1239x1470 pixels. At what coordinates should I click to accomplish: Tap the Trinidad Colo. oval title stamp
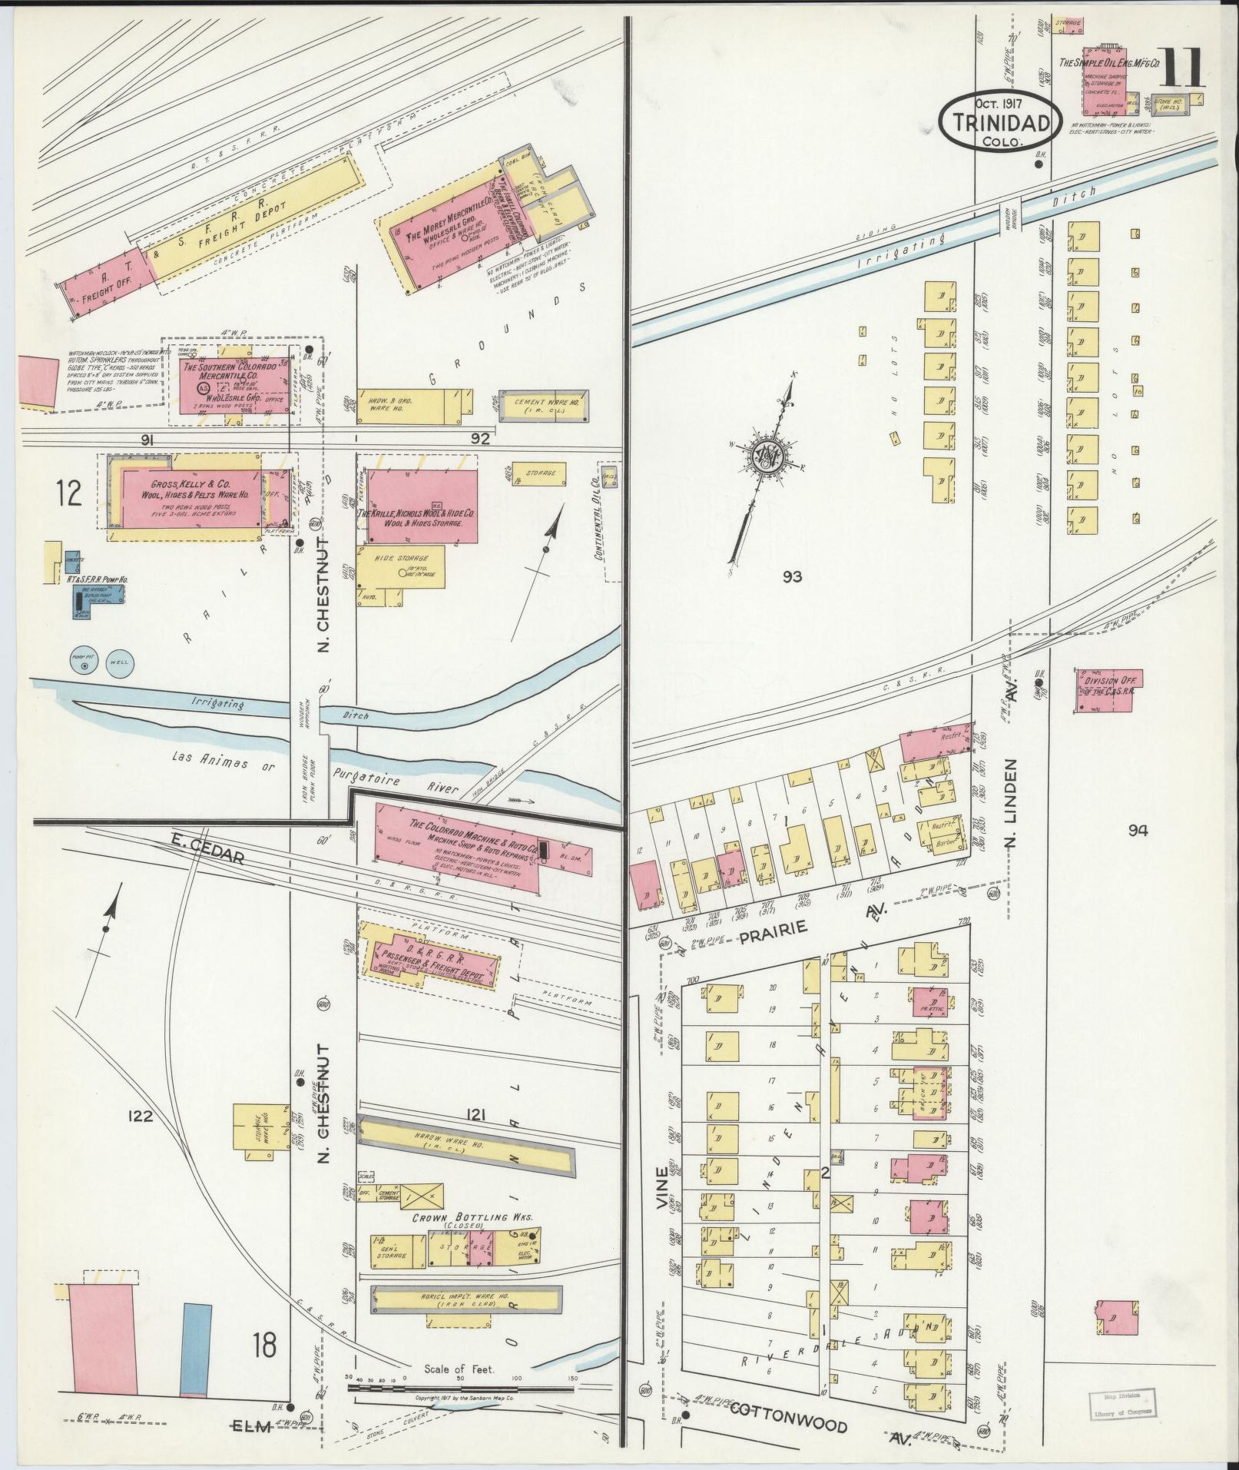pyautogui.click(x=999, y=121)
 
